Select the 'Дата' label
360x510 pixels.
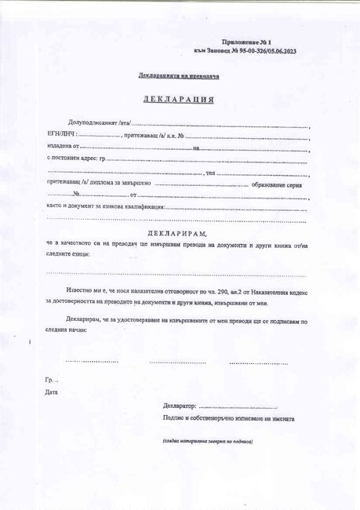[52, 392]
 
